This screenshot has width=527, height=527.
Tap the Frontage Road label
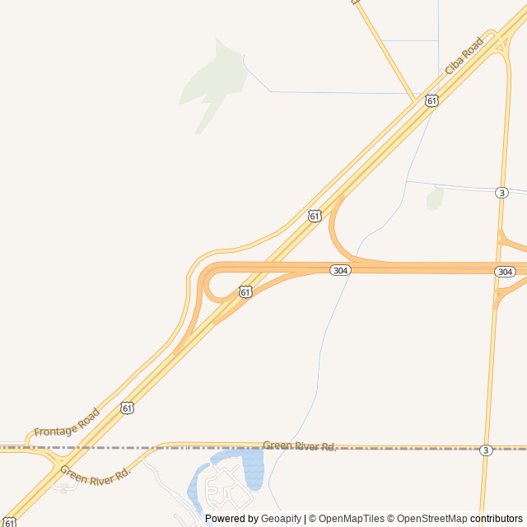[67, 422]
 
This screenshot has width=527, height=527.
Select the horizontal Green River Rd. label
[300, 446]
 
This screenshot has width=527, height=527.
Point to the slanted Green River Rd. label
[96, 473]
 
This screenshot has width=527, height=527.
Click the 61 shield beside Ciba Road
[431, 100]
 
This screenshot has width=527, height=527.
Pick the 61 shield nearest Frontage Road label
[126, 407]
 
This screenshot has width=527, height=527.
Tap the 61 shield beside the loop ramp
[245, 291]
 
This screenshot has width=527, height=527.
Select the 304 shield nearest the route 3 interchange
[505, 272]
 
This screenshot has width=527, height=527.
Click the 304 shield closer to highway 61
[340, 270]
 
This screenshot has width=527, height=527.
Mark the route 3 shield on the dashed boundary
[486, 450]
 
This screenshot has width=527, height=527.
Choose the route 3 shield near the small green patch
[501, 193]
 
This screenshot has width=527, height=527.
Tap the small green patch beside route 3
[435, 198]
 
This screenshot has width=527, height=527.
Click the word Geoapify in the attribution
[282, 519]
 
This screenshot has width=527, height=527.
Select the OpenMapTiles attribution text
[351, 519]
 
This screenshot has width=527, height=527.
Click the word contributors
[497, 519]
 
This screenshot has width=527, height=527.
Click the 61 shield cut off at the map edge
[9, 522]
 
